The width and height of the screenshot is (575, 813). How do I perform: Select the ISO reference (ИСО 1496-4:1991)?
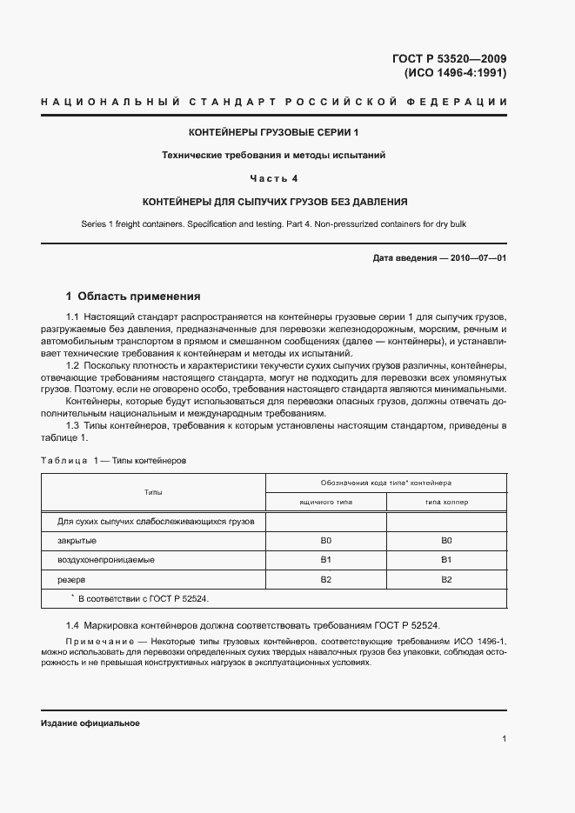click(x=456, y=73)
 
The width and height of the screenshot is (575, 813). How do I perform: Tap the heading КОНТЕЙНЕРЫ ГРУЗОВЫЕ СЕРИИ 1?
click(x=274, y=133)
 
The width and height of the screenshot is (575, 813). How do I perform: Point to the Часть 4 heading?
click(x=274, y=178)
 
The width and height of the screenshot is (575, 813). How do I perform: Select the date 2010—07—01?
click(x=477, y=259)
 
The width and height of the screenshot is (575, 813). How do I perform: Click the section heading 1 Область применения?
click(x=133, y=296)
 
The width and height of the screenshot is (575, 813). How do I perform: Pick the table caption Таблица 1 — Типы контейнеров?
click(x=113, y=459)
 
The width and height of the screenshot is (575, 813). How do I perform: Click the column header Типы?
click(x=153, y=492)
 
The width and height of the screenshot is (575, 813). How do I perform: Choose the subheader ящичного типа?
click(x=326, y=503)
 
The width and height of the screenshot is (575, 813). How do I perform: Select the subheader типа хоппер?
click(x=446, y=503)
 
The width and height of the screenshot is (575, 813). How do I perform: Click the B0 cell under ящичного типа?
click(x=326, y=541)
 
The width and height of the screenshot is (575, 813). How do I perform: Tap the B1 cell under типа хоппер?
click(x=446, y=560)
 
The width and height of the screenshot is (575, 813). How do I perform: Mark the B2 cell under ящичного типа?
click(x=326, y=579)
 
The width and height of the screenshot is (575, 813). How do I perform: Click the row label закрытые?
click(x=77, y=541)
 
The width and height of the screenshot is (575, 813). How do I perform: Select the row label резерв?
click(x=72, y=579)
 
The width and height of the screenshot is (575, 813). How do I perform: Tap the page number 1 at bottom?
click(x=505, y=738)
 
